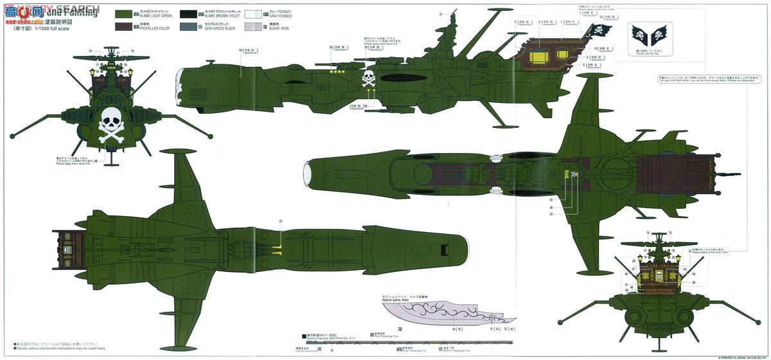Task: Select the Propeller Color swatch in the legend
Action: (x=125, y=26)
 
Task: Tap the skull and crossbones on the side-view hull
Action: (x=368, y=80)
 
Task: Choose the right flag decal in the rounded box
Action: (x=664, y=33)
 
